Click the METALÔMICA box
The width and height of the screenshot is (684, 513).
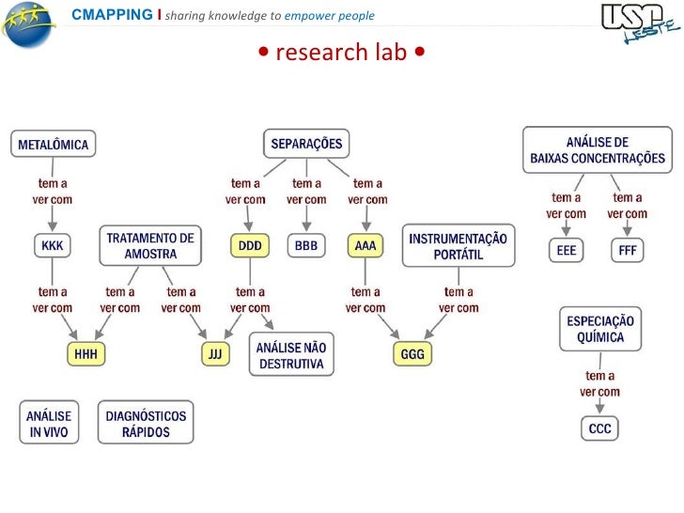pyautogui.click(x=53, y=145)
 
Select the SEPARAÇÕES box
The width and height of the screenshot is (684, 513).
pyautogui.click(x=306, y=144)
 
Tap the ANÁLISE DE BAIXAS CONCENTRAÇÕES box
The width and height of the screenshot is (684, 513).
pyautogui.click(x=598, y=150)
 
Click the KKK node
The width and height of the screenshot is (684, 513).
pyautogui.click(x=53, y=246)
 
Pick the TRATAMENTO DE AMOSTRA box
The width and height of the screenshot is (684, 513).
pyautogui.click(x=150, y=246)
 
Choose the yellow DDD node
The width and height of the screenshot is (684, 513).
pyautogui.click(x=250, y=246)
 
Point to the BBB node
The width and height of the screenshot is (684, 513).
pyautogui.click(x=306, y=246)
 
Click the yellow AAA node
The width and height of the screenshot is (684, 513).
pyautogui.click(x=365, y=246)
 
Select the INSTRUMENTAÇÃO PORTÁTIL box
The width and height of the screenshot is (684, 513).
pyautogui.click(x=459, y=246)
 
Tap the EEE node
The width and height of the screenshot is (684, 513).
pyautogui.click(x=567, y=251)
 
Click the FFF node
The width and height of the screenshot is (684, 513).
pyautogui.click(x=627, y=251)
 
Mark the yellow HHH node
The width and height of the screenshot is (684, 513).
pyautogui.click(x=86, y=353)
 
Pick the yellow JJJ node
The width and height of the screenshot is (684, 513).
pyautogui.click(x=216, y=353)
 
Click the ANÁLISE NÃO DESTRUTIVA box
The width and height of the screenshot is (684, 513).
pyautogui.click(x=291, y=355)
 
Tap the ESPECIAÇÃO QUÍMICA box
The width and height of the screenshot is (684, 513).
pyautogui.click(x=602, y=329)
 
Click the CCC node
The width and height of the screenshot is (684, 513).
pyautogui.click(x=599, y=428)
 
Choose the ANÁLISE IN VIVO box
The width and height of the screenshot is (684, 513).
pyautogui.click(x=48, y=424)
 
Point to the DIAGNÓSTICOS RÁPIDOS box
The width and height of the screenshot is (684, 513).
pyautogui.click(x=146, y=424)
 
